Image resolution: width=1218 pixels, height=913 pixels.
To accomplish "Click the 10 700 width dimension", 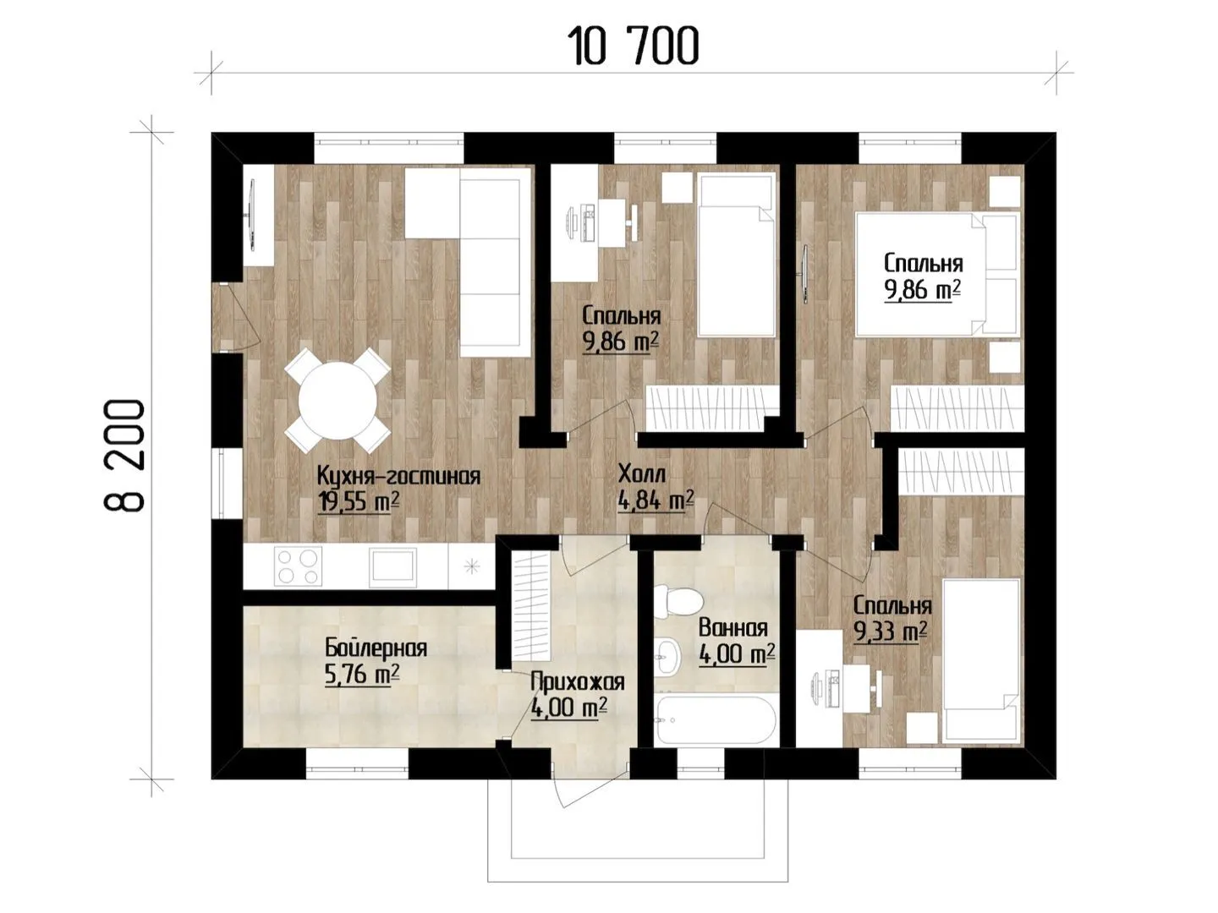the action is pos(633,46).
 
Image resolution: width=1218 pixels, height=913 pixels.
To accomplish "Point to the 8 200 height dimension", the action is pos(124,455).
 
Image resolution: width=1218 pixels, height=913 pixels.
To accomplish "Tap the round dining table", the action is pos(337,400).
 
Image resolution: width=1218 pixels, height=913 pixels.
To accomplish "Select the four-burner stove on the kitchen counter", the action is pos(299,566).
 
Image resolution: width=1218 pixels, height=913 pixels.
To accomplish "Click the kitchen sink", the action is pos(393,566).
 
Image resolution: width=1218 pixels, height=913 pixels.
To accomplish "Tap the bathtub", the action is pos(715,720).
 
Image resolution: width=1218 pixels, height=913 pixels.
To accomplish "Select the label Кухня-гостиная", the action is pos(398,476).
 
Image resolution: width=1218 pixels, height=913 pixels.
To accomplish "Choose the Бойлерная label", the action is pos(376,648).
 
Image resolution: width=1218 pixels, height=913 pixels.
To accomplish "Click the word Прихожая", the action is pos(578,682).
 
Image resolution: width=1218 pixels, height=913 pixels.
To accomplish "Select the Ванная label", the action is pos(733,628).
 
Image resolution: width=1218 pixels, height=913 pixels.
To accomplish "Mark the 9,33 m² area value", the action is pos(891,631).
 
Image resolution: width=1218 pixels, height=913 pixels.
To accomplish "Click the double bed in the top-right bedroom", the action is pos(938,275).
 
